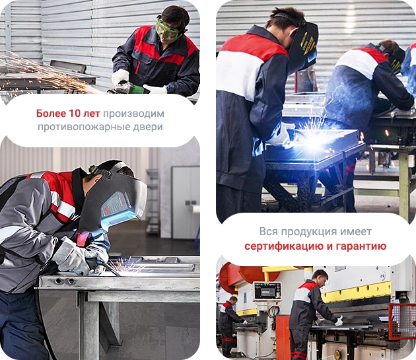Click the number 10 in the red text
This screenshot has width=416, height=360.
pos(75,114)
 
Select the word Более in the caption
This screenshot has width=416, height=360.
pos(52,114)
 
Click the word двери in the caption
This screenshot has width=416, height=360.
pos(148,126)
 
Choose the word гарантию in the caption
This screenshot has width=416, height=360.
pos(361,246)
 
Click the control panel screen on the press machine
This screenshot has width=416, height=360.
pos(266,291)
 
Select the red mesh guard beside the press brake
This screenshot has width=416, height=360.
pos(402,321)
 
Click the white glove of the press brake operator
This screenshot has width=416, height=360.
pos(339,320)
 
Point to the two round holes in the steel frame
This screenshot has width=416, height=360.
pos(64,281)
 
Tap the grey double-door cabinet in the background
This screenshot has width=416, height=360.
pos(185,202)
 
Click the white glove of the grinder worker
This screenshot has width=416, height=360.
pos(120,77)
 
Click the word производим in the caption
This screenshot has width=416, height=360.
pos(133,114)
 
